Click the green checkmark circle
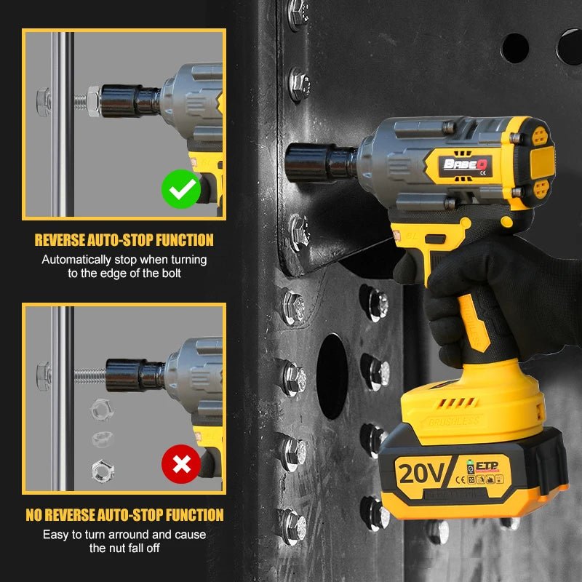[x=180, y=189]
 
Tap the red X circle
[x=180, y=464]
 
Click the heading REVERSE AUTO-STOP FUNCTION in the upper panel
[x=124, y=240]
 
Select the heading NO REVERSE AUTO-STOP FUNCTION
[x=124, y=515]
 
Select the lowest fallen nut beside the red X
[x=100, y=469]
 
